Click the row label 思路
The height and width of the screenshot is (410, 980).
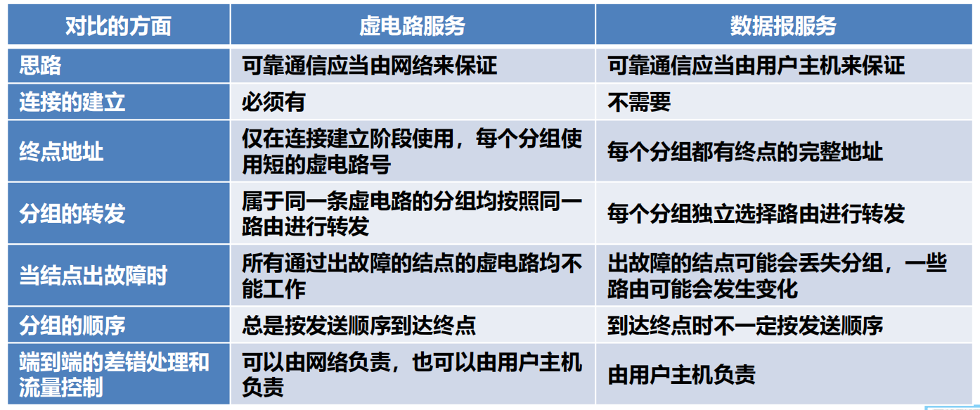pos(40,65)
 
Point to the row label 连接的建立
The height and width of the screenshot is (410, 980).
pos(72,103)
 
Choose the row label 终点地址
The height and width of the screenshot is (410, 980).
pos(61,152)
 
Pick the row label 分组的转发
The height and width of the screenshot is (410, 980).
pos(72,214)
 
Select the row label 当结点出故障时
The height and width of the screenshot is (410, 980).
pos(93,276)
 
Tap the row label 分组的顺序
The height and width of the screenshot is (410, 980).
pos(72,325)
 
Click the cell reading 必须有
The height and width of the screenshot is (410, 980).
pos(273,103)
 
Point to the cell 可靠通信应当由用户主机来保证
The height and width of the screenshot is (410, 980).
pos(756,65)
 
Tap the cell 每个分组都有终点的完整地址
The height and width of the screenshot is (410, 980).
pos(745,152)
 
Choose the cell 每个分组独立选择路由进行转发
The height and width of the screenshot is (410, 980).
pos(756,214)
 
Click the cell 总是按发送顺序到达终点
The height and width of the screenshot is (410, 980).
pos(359,325)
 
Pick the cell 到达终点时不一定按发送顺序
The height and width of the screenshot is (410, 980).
pos(745,325)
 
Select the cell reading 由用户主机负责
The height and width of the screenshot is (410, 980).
pos(681,374)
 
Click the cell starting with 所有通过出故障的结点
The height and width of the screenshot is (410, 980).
pos(412,276)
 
